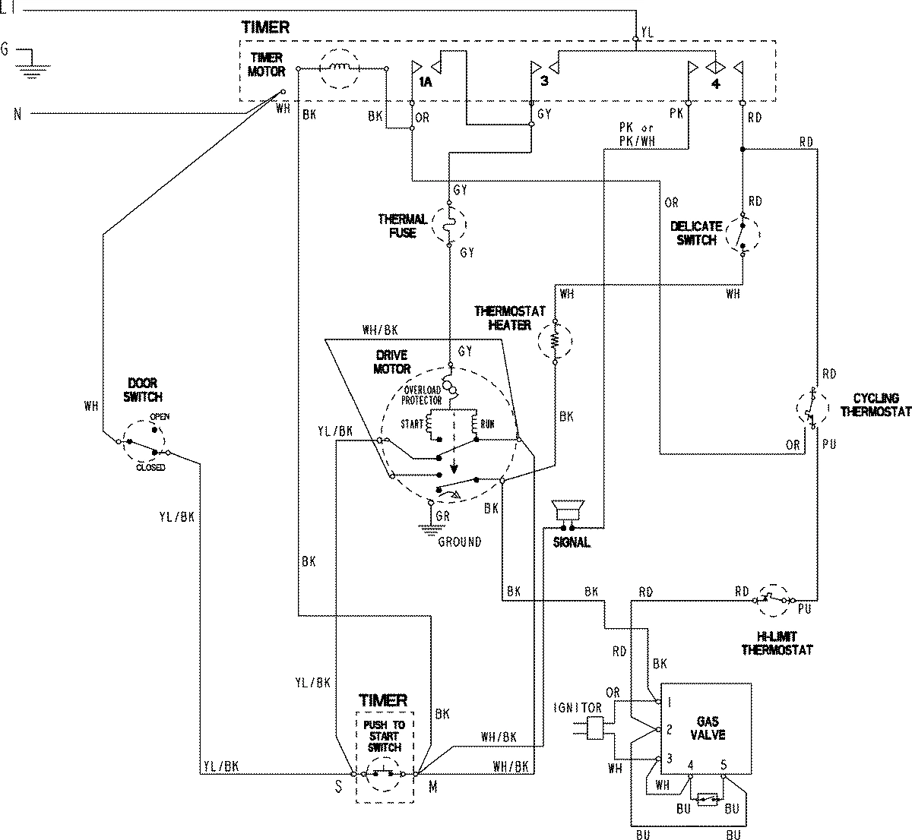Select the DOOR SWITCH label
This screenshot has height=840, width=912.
[x=144, y=390]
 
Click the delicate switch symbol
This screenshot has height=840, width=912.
[x=741, y=235]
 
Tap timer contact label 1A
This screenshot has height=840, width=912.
[x=425, y=82]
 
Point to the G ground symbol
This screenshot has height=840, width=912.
[x=30, y=65]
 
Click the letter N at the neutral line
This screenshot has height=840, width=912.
[x=17, y=115]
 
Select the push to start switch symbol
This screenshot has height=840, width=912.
[x=384, y=775]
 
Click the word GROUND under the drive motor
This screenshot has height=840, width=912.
[x=459, y=542]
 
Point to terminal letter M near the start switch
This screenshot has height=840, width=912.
[x=432, y=788]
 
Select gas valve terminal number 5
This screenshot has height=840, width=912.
[x=724, y=765]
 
